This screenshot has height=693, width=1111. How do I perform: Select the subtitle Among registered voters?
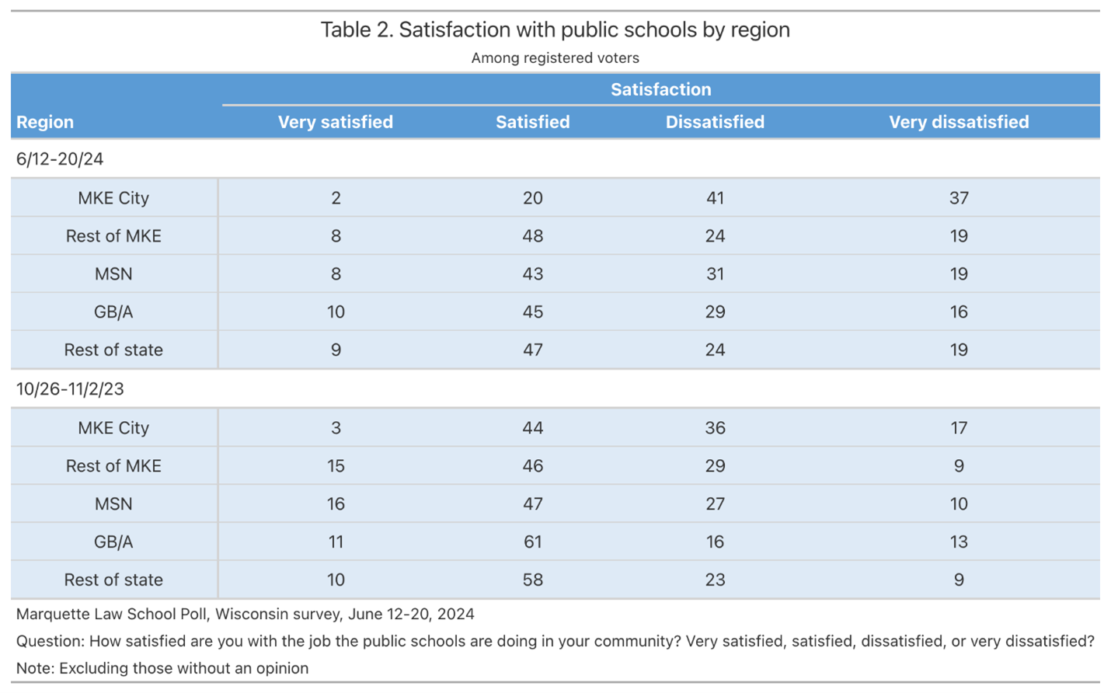pos(555,58)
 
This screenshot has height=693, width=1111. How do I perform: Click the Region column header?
pos(45,122)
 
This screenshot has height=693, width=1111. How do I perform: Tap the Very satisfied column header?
pos(336,122)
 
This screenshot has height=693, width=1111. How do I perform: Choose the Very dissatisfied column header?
pos(958,122)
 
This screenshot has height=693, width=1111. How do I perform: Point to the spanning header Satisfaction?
pos(660,89)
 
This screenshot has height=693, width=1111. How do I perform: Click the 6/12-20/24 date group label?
pos(60,159)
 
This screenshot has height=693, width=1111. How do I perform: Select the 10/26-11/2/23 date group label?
pos(70,389)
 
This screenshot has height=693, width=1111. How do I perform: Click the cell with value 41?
pos(715,198)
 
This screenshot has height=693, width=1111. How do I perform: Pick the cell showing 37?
pos(958,198)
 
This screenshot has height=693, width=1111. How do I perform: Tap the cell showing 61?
pos(532,542)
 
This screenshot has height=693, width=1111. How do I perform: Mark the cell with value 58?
pos(532,580)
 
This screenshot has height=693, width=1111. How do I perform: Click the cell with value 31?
pos(715,274)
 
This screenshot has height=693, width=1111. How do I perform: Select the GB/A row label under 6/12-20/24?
pos(113,312)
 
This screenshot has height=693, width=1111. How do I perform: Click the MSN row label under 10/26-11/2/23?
pos(113,504)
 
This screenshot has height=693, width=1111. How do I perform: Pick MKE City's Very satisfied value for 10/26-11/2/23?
pos(336,428)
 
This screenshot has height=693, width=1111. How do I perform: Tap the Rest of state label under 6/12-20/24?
pos(113,350)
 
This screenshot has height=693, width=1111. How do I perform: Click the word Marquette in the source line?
pos(52,615)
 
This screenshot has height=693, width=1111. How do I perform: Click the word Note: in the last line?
pos(36,669)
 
